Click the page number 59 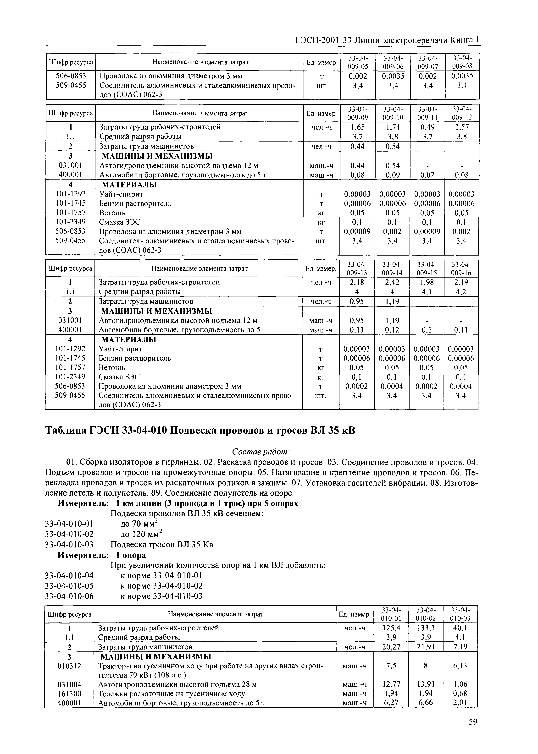pyautogui.click(x=473, y=729)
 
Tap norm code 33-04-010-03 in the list pyautogui.click(x=69, y=545)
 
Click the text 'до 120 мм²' pyautogui.click(x=141, y=534)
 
